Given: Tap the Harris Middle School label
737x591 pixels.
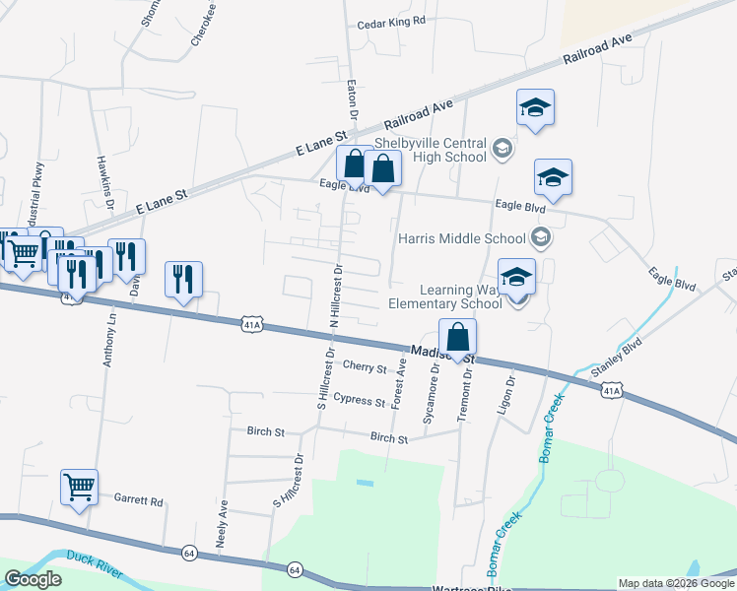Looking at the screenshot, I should coord(461,238).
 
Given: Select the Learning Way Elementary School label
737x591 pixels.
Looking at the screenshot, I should coord(461,295).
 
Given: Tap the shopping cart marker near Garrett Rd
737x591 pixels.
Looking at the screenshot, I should coord(79,486).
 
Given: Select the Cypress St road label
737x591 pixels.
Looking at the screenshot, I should coord(359,401).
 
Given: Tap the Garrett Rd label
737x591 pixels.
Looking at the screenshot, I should coord(138,500).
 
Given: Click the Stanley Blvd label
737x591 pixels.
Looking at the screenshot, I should coord(616,358).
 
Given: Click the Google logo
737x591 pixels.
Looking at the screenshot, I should coord(33,579).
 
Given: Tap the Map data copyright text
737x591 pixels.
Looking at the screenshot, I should coord(676,583).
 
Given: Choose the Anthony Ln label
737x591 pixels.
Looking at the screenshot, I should coord(109,340).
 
